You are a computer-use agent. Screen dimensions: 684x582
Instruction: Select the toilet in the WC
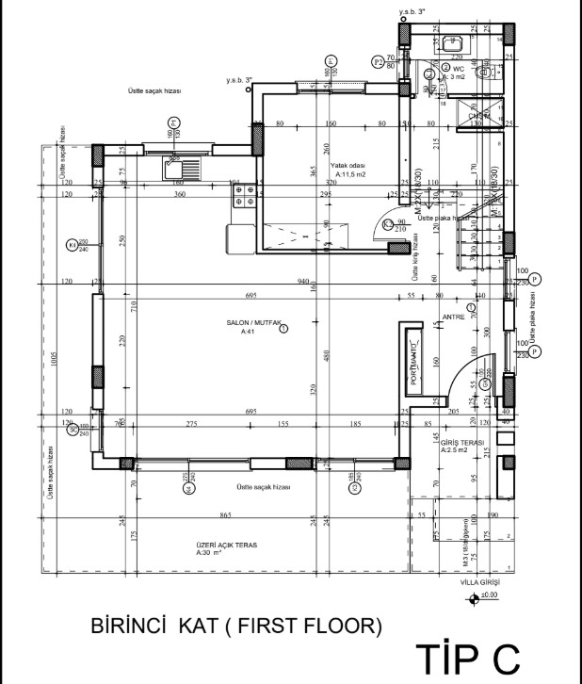(x=487, y=72)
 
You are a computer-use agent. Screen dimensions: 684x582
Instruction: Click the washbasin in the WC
(x=452, y=43)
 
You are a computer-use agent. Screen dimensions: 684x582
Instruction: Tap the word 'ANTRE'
(x=454, y=318)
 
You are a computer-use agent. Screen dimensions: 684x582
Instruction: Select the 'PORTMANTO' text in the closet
(x=413, y=363)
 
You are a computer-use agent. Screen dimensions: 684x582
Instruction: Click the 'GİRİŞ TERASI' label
(x=462, y=443)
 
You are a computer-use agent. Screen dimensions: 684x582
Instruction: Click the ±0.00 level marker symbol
(x=473, y=596)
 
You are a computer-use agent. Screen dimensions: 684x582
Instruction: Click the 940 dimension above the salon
(x=303, y=282)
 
